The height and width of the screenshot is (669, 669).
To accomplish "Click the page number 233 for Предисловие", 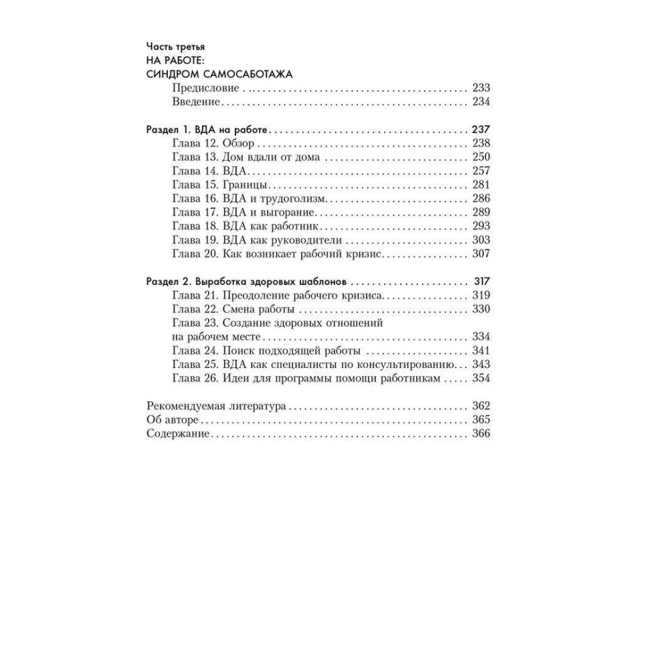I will (x=481, y=88).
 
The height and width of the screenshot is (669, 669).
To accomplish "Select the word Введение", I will (x=196, y=102).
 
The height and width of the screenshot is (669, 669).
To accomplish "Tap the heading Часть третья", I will (x=175, y=47).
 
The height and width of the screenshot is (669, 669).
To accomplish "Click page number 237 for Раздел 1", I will (x=481, y=130).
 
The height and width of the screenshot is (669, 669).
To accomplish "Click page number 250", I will (x=481, y=157).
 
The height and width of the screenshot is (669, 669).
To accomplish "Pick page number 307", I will (x=481, y=254).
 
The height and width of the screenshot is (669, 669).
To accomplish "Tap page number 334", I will (x=481, y=337).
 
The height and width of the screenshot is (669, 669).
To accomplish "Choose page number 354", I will (x=481, y=378).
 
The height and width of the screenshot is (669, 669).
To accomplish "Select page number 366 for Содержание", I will (x=481, y=434).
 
